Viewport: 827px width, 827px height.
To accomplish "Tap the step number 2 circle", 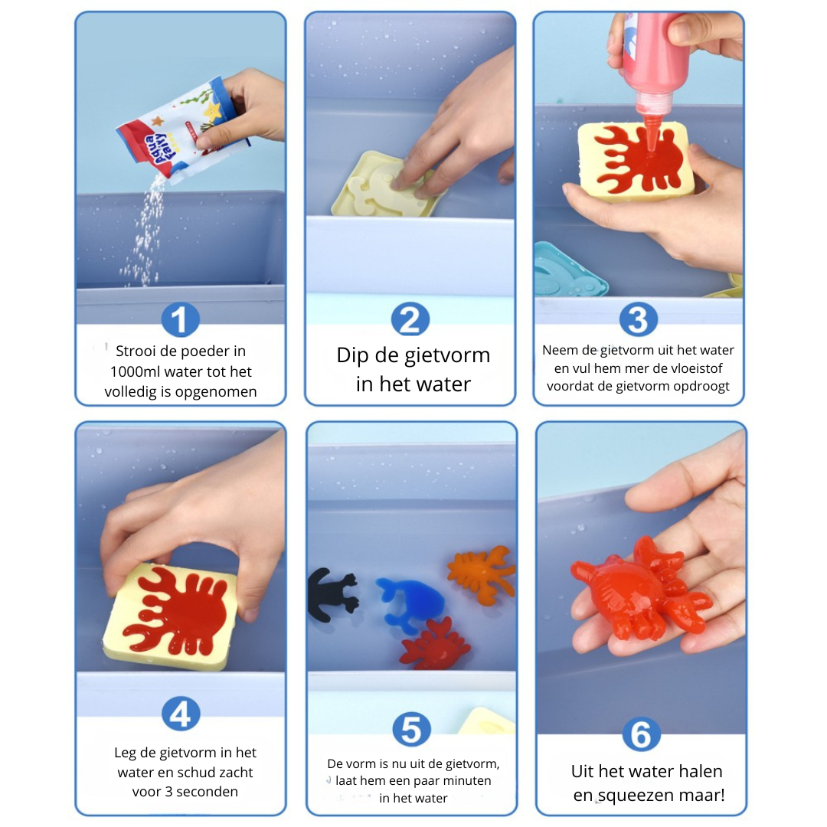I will pos(410,319).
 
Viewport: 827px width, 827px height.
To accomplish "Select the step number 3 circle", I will pos(639,319).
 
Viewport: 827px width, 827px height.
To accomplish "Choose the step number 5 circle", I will pos(411,729).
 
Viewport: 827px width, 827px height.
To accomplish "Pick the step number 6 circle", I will pos(640,735).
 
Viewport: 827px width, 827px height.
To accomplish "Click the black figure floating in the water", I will pos(332,594).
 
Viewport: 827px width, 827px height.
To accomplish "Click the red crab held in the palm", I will pos(639,590).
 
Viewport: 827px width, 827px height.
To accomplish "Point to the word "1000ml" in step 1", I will pos(139,372).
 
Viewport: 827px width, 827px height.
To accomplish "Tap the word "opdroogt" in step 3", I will pos(700,386).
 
